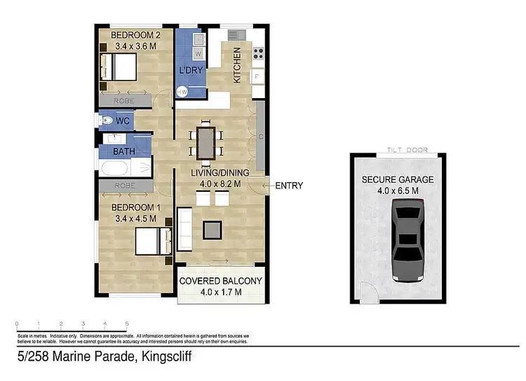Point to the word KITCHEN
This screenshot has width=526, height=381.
click(237, 65)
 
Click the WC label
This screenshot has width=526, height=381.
click(123, 121)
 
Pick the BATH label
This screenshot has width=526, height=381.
click(124, 151)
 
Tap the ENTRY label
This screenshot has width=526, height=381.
click(289, 186)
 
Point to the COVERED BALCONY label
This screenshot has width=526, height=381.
click(221, 281)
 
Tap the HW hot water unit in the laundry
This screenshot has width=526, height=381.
click(182, 92)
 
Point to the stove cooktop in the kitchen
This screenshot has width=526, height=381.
click(257, 50)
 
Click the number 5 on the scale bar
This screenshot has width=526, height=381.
click(127, 324)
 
